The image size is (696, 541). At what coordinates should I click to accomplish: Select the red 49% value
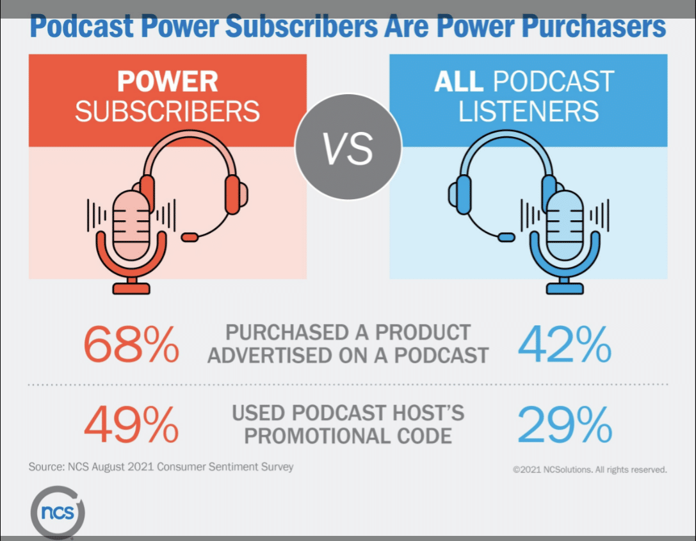tap(131, 424)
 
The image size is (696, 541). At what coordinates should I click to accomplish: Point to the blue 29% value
tap(564, 424)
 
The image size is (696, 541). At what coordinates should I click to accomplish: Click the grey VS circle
tap(348, 148)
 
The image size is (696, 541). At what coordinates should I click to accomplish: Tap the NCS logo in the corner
tap(57, 513)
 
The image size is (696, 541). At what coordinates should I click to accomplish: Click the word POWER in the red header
tap(167, 82)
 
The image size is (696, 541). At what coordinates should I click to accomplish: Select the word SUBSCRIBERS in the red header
tap(167, 111)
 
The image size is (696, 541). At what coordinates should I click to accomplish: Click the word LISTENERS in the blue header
tap(528, 111)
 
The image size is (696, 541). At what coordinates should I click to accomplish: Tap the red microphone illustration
tap(131, 237)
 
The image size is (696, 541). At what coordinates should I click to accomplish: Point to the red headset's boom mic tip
tap(190, 237)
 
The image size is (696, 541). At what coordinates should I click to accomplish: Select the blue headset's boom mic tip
tap(506, 237)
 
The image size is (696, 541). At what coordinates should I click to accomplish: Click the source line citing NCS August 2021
tap(161, 467)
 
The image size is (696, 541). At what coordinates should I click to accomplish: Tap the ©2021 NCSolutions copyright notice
tap(590, 469)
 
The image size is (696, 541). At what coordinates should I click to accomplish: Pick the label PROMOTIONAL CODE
tap(348, 435)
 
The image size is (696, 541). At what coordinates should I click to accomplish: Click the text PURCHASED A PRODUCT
tap(348, 333)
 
